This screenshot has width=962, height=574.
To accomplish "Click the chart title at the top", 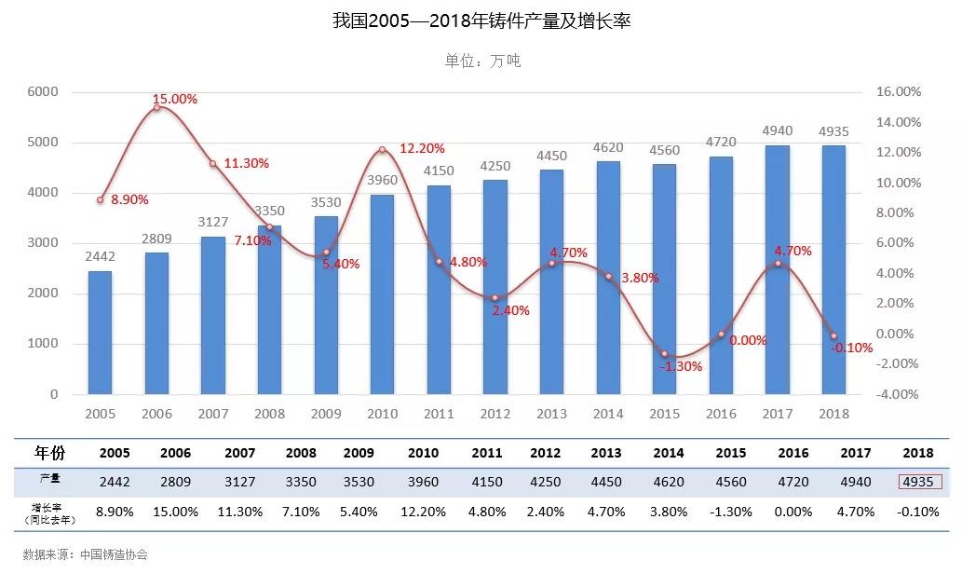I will coord(481,20).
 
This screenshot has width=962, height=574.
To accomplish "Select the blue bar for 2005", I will coord(100,332).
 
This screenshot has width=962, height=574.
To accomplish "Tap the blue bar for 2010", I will coord(382,294).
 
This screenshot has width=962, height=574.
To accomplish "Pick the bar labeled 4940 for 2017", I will coord(777,269).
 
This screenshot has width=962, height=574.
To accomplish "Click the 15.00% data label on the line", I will coord(175,99).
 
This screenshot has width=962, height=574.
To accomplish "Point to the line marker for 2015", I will coord(664,354).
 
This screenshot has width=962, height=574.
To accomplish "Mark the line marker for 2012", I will coord(495,298).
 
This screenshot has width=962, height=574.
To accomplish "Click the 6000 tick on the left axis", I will coord(43,92).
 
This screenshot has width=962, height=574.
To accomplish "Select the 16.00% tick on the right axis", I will coord(899,92).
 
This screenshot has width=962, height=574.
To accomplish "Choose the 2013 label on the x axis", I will coord(551,414).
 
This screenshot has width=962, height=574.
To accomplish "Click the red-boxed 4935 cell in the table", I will coord(920,482).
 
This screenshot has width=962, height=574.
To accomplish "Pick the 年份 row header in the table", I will coord(50,453).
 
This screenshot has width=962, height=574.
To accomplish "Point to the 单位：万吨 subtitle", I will coord(481,61).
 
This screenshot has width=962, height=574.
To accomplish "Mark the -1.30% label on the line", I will coord(681,366).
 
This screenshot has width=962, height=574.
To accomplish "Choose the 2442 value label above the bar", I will coord(100,256).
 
